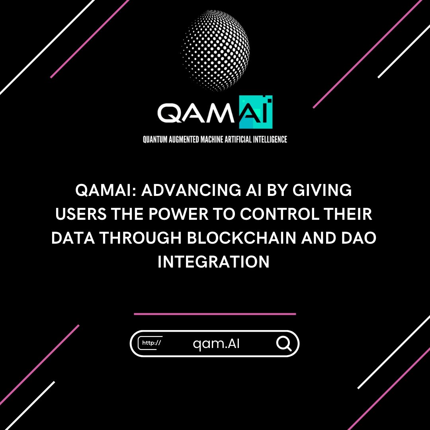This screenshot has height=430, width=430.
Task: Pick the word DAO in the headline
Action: (360, 239)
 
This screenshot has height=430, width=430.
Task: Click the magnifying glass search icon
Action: (283, 344)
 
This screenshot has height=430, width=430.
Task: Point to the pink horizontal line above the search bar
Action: (215, 314)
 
